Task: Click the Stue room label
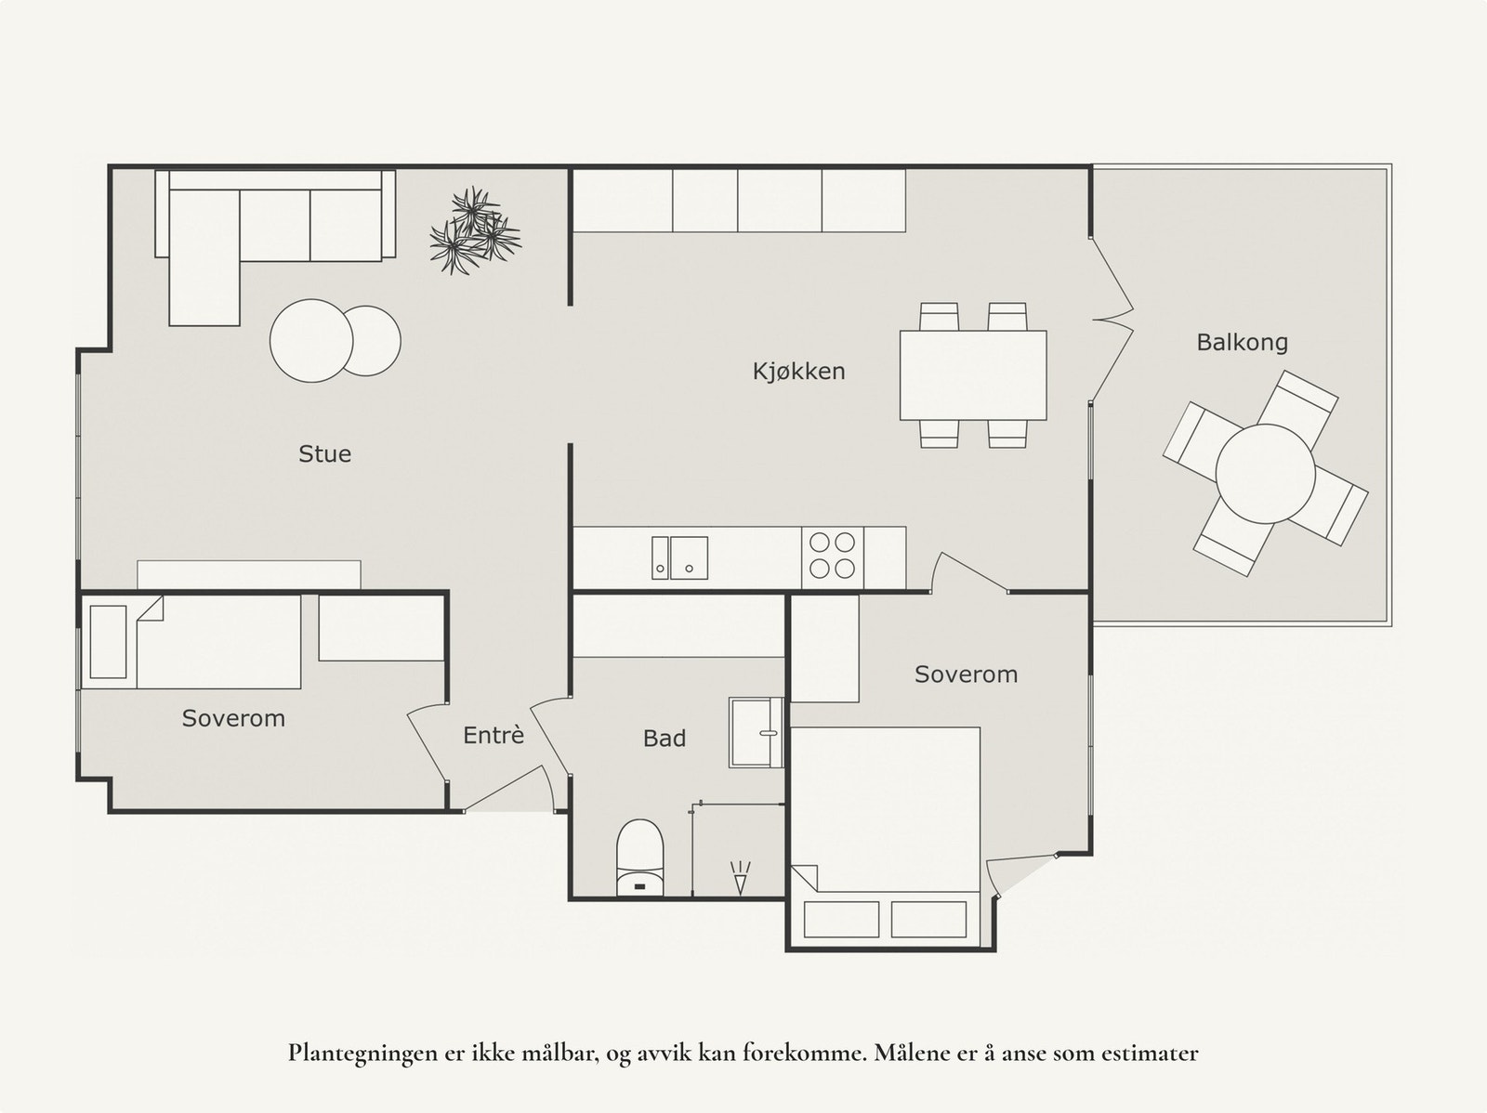pyautogui.click(x=324, y=453)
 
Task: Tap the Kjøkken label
pyautogui.click(x=798, y=372)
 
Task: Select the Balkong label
pyautogui.click(x=1242, y=343)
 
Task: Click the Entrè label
pyautogui.click(x=493, y=736)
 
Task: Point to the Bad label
pyautogui.click(x=665, y=739)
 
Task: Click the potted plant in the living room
pyautogui.click(x=474, y=231)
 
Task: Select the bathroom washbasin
pyautogui.click(x=756, y=733)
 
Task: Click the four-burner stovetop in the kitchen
pyautogui.click(x=832, y=555)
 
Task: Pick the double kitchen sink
pyautogui.click(x=679, y=557)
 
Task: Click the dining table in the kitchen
pyautogui.click(x=973, y=375)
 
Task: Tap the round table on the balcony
pyautogui.click(x=1265, y=474)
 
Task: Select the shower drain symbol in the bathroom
pyautogui.click(x=740, y=877)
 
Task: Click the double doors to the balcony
pyautogui.click(x=1111, y=321)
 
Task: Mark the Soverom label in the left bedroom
pyautogui.click(x=233, y=718)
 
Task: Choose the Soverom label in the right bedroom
pyautogui.click(x=966, y=674)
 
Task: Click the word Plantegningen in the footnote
pyautogui.click(x=349, y=1054)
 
